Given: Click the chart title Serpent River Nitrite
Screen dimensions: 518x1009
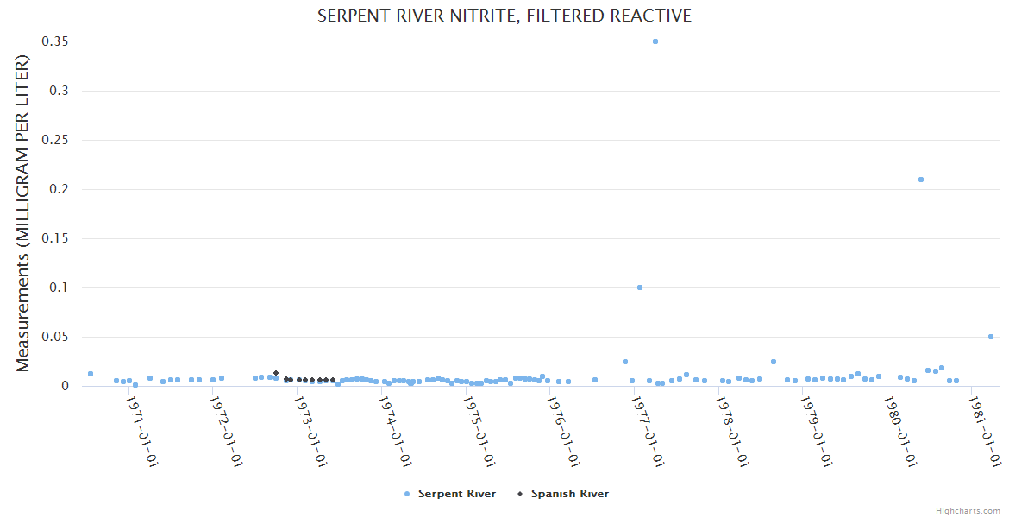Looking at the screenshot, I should tap(504, 16).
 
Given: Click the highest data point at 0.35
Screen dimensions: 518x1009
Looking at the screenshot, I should tap(655, 41).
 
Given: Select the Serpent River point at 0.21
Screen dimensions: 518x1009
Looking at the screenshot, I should tap(921, 180).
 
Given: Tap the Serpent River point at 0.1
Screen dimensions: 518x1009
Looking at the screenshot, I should tap(640, 287).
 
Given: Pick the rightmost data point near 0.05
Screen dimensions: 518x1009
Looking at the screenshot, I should tap(991, 337).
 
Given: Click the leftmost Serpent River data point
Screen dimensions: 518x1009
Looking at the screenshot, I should tap(91, 374).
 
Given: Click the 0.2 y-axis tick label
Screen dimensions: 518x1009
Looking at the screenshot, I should tap(61, 189).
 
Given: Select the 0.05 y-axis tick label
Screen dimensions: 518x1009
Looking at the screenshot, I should tap(57, 337).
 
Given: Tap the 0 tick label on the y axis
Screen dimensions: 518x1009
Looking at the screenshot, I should tap(65, 386).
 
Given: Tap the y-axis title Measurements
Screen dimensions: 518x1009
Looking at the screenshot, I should tap(23, 213).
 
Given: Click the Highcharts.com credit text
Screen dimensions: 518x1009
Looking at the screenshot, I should tap(968, 511).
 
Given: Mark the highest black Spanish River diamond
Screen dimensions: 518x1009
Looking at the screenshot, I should tap(276, 373).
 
